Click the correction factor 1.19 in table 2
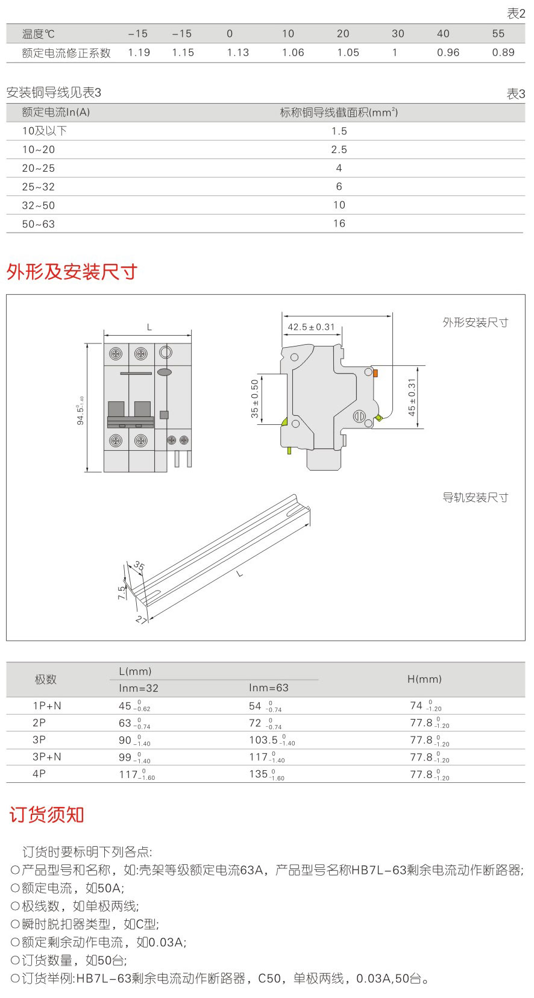(139, 53)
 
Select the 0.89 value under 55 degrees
(503, 53)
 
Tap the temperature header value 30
(398, 34)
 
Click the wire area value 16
(339, 224)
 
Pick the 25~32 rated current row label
(38, 187)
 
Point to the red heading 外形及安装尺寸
(72, 272)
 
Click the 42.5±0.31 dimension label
(311, 327)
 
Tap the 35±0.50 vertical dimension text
(255, 398)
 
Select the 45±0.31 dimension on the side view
(412, 397)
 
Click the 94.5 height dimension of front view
(81, 410)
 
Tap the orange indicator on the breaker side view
(375, 374)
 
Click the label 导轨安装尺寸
(475, 498)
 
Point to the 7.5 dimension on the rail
(122, 592)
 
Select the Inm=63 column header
(268, 688)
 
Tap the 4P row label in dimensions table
(39, 774)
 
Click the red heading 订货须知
(46, 815)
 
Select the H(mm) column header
(424, 679)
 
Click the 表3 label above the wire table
(516, 94)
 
